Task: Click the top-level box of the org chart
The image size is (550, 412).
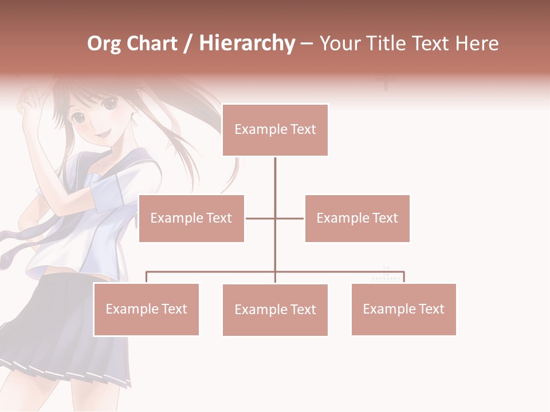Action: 275,130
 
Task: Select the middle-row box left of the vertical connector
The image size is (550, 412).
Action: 191,218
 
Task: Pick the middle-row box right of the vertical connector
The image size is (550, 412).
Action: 357,218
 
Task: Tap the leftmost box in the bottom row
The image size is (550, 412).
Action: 146,309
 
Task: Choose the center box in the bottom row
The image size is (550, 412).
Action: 275,310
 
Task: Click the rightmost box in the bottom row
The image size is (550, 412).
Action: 403,309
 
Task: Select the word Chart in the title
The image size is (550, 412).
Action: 150,43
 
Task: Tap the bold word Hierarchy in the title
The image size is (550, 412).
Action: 246,43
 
